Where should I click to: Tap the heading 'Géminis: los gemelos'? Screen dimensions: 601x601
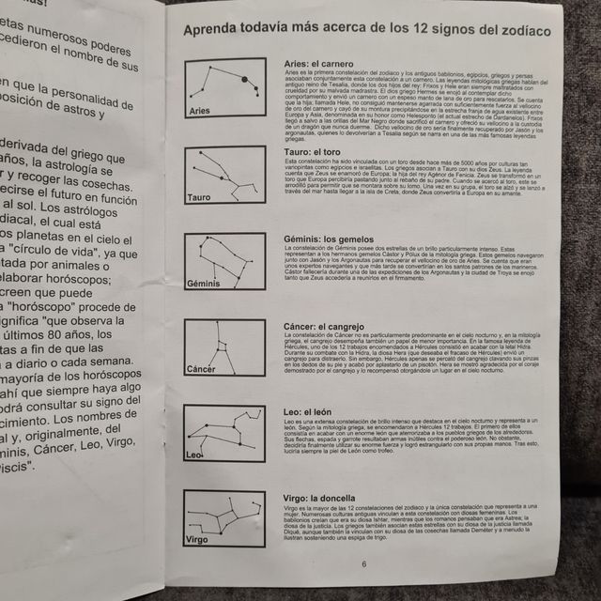[323, 239]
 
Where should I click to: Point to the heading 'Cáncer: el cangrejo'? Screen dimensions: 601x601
[323, 325]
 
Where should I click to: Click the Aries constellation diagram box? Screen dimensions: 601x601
[224, 88]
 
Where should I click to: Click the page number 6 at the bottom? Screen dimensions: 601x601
[363, 563]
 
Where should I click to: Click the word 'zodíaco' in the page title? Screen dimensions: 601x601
[518, 31]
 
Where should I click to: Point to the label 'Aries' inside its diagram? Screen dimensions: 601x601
[200, 111]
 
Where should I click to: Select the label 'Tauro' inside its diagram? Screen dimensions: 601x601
[199, 197]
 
